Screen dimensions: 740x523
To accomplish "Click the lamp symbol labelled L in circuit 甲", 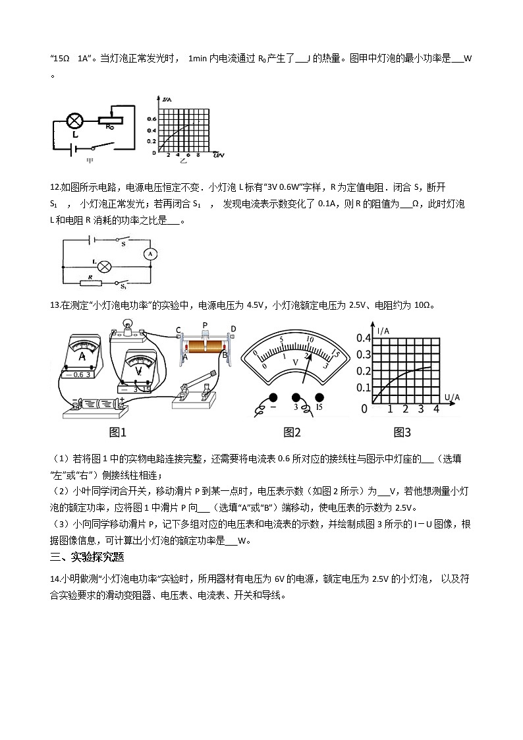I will click(x=75, y=121).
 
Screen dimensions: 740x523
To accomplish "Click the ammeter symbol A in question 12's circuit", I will click(x=150, y=253).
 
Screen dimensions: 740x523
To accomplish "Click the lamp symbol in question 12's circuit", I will click(x=103, y=267).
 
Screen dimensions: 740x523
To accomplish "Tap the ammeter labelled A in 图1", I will click(x=83, y=356).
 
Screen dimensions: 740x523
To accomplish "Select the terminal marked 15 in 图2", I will click(x=320, y=398).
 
